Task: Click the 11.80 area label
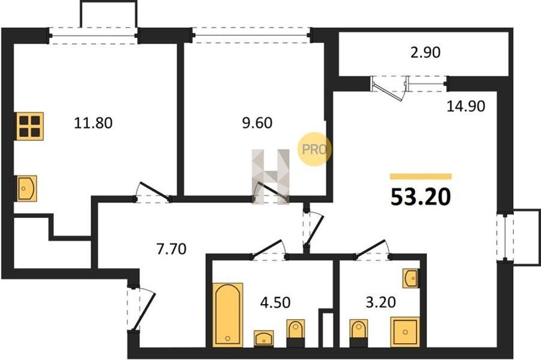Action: tap(93, 123)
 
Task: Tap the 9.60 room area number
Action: tap(257, 123)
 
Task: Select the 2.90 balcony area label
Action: tap(426, 52)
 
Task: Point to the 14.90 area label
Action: tap(466, 106)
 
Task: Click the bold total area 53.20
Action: tap(421, 197)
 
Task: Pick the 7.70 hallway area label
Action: tap(171, 249)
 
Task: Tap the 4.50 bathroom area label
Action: tap(275, 302)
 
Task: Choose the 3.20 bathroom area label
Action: tap(381, 302)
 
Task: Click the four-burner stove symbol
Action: tap(30, 126)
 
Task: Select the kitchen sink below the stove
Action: tap(26, 188)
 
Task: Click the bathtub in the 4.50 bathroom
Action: tap(228, 314)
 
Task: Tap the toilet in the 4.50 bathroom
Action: tap(296, 333)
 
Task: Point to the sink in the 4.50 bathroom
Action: tap(264, 338)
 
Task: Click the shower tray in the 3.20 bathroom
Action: tap(405, 332)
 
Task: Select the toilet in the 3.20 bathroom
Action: tap(358, 333)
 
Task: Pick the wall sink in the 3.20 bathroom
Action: tap(411, 278)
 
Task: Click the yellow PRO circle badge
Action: tap(314, 149)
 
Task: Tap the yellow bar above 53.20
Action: tap(421, 177)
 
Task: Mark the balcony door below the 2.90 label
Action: tap(388, 88)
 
